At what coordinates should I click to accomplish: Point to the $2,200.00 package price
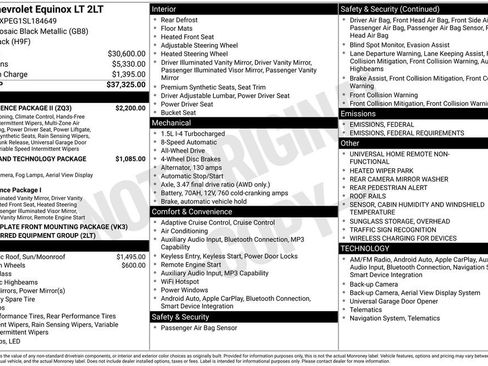click(x=131, y=107)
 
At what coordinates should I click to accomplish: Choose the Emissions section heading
click(x=361, y=114)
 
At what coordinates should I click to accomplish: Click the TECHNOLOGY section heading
click(x=366, y=247)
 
